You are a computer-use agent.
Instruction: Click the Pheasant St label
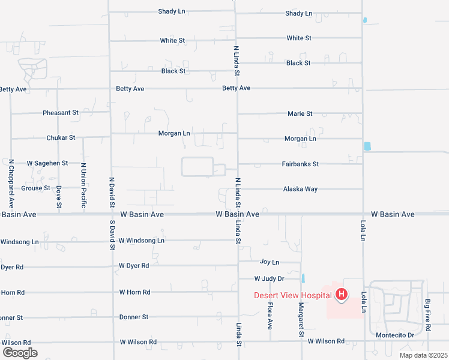pos(61,113)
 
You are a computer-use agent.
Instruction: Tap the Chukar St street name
pos(61,137)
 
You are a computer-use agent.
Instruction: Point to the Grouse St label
pos(36,188)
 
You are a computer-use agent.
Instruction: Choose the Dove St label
pos(59,197)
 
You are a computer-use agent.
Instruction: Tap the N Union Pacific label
pos(83,186)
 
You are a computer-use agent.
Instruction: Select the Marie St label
pos(300,113)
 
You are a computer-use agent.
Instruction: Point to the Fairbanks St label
pos(300,164)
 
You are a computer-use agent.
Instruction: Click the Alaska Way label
pos(300,189)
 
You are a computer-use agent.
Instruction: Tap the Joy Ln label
pos(270,262)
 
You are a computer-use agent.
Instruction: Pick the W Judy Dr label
pos(269,278)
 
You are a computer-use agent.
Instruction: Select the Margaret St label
pos(301,319)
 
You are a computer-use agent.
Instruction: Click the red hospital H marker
pos(342,294)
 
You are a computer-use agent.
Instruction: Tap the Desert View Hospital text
pos(292,295)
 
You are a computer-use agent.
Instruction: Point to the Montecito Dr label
pos(395,335)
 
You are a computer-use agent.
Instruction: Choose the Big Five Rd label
pos(427,316)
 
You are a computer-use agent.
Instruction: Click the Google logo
pos(20,353)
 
